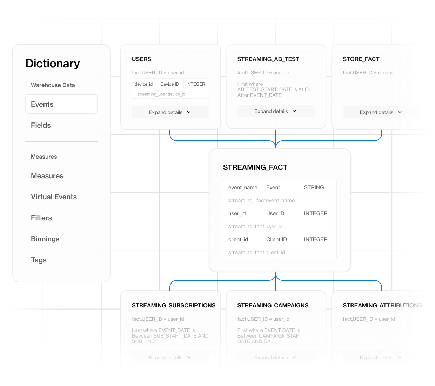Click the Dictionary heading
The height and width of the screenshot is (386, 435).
pyautogui.click(x=53, y=64)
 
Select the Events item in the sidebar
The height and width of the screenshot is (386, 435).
pyautogui.click(x=61, y=104)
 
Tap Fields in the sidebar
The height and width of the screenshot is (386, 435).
pyautogui.click(x=41, y=125)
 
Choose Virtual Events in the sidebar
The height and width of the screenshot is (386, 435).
pyautogui.click(x=54, y=197)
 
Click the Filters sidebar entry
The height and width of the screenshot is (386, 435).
pyautogui.click(x=41, y=218)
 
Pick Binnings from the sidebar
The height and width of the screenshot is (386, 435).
pyautogui.click(x=45, y=239)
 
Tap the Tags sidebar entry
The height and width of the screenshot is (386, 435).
pyautogui.click(x=39, y=260)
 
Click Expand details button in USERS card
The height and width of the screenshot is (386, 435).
pyautogui.click(x=170, y=112)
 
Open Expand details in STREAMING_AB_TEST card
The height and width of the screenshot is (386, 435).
pyautogui.click(x=276, y=111)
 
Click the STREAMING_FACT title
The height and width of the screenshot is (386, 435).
pyautogui.click(x=255, y=167)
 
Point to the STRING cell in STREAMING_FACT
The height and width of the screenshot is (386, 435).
pyautogui.click(x=314, y=187)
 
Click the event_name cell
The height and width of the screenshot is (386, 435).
pyautogui.click(x=243, y=187)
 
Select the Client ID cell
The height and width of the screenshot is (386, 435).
pyautogui.click(x=276, y=239)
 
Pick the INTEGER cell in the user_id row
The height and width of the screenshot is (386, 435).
pyautogui.click(x=316, y=213)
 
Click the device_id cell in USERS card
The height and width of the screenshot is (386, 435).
pyautogui.click(x=143, y=84)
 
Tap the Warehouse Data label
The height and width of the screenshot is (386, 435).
pyautogui.click(x=53, y=85)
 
